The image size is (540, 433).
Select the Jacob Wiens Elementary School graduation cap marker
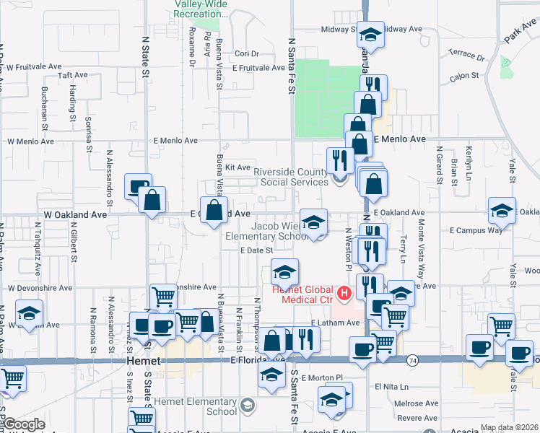pyautogui.click(x=313, y=223)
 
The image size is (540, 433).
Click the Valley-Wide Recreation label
pyautogui.click(x=201, y=9)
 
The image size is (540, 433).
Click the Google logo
pyautogui.click(x=24, y=424)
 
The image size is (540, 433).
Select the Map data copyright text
pyautogui.click(x=509, y=427)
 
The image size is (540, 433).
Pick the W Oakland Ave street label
pyautogui.click(x=75, y=214)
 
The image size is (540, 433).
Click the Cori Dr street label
pyautogui.click(x=246, y=53)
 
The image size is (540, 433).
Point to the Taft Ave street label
pyautogui.click(x=72, y=74)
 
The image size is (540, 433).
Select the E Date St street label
pyautogui.click(x=257, y=250)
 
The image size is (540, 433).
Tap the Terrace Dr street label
pyautogui.click(x=466, y=55)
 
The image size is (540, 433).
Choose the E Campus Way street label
pyautogui.click(x=475, y=230)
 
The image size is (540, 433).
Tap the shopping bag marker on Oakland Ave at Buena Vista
pyautogui.click(x=214, y=211)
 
